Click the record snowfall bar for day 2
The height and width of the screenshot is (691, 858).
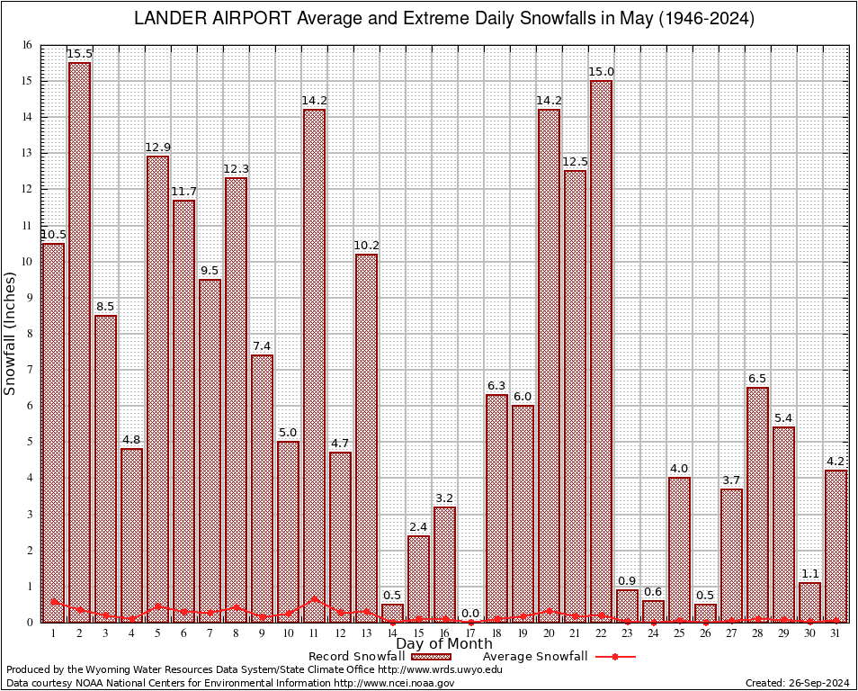[79, 342]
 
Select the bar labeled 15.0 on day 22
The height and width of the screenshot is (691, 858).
[602, 351]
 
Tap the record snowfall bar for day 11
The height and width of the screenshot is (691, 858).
[314, 365]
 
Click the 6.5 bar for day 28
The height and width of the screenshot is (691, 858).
[758, 504]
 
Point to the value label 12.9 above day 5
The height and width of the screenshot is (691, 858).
[157, 147]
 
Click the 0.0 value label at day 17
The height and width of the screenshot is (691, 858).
[471, 614]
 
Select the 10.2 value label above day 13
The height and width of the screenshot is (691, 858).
[366, 245]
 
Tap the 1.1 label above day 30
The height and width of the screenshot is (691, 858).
[810, 573]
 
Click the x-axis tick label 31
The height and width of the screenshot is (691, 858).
[836, 633]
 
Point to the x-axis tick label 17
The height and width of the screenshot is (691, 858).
[471, 633]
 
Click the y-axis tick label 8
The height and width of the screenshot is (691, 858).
[29, 334]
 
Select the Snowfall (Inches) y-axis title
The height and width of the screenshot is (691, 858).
[10, 334]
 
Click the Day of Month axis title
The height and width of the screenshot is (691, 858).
[444, 644]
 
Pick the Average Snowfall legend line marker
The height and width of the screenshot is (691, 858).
[615, 657]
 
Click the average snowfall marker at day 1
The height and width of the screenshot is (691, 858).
[54, 601]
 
